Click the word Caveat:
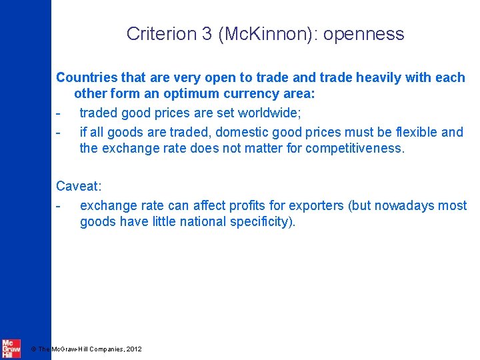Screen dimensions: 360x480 coord(78,186)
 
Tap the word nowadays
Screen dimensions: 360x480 coord(402,205)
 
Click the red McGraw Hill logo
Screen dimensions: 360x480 coord(11,347)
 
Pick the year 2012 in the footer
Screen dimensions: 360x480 coord(133,349)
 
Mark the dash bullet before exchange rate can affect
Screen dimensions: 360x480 coord(59,205)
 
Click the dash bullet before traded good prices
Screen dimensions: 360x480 coord(59,113)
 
